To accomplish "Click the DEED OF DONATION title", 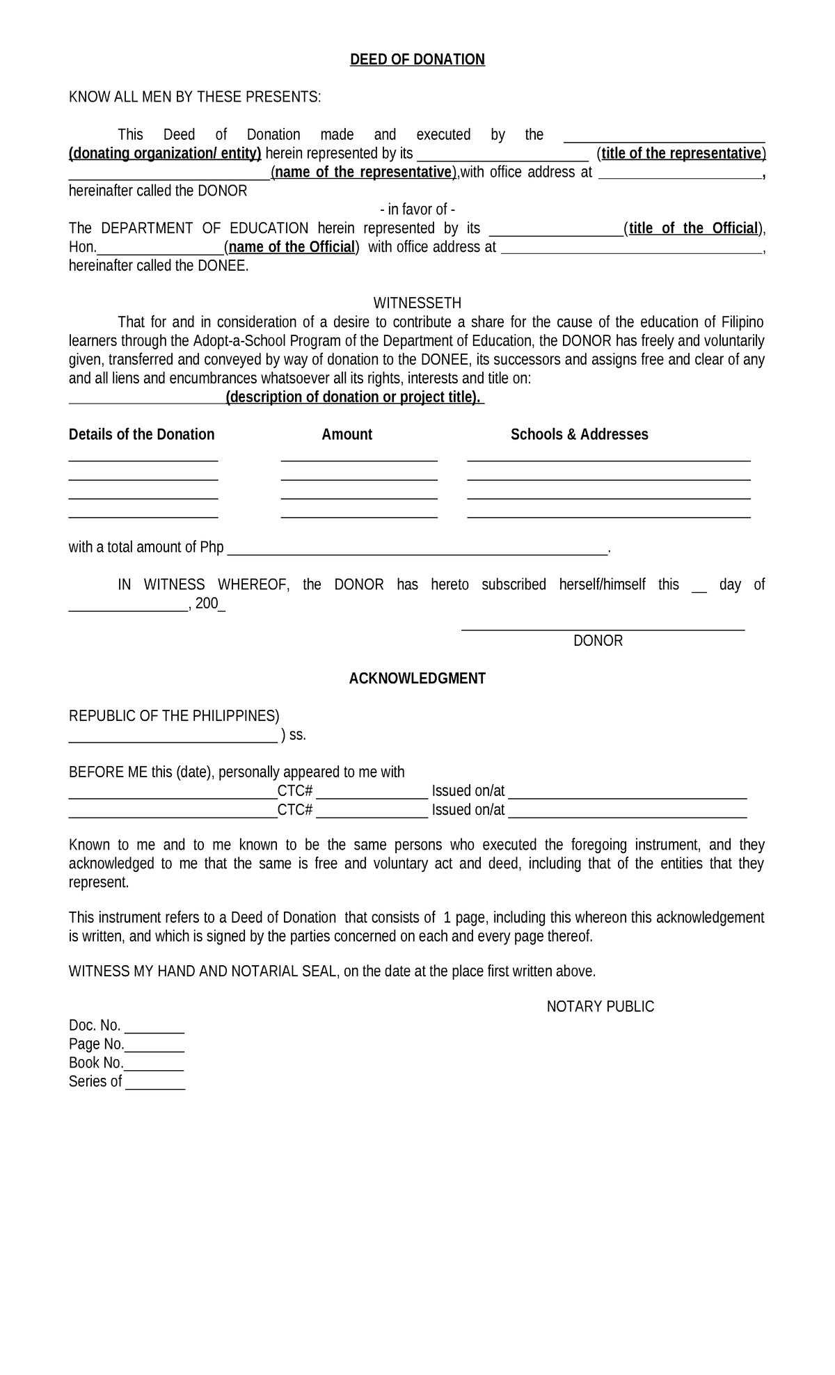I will pos(417,60).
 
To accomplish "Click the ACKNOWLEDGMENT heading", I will pos(417,678).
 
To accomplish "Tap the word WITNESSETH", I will pos(417,303).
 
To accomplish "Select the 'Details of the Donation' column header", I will pos(141,435).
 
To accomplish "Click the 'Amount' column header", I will pos(347,435).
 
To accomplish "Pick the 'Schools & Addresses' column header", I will pos(579,435).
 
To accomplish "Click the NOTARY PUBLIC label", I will pos(600,1007).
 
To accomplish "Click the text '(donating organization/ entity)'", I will pos(165,154).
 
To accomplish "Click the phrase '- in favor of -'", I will pos(417,210).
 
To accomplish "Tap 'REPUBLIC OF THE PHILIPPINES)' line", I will pos(174,716).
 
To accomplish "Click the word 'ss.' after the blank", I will pos(298,736).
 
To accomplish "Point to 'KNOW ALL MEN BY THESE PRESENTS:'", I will pos(195,97).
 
